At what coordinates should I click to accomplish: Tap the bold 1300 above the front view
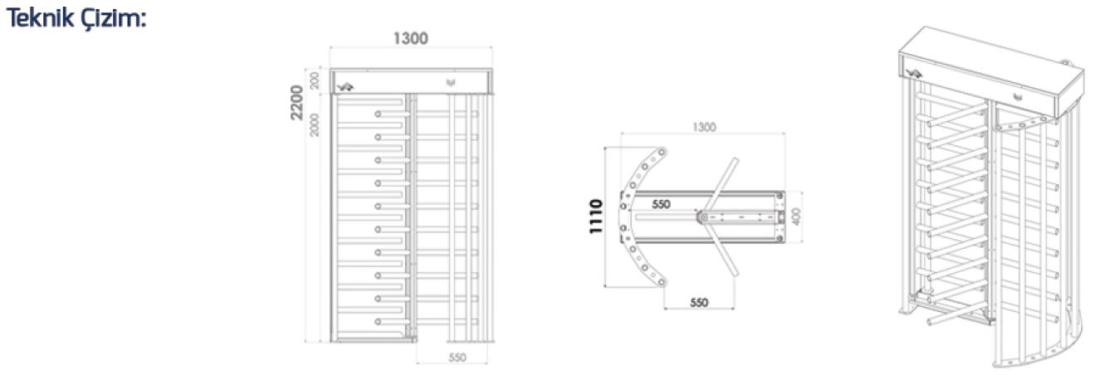tap(410, 38)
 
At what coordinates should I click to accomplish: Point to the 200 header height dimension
tap(315, 80)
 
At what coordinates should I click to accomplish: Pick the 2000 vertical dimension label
tap(315, 124)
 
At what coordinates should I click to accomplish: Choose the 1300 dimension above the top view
tap(703, 128)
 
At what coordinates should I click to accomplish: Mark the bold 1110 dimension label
tap(595, 217)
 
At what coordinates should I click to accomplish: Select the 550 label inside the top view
tap(661, 203)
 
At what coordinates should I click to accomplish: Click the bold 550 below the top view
tap(699, 303)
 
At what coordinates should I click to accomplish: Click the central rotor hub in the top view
tap(702, 217)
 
